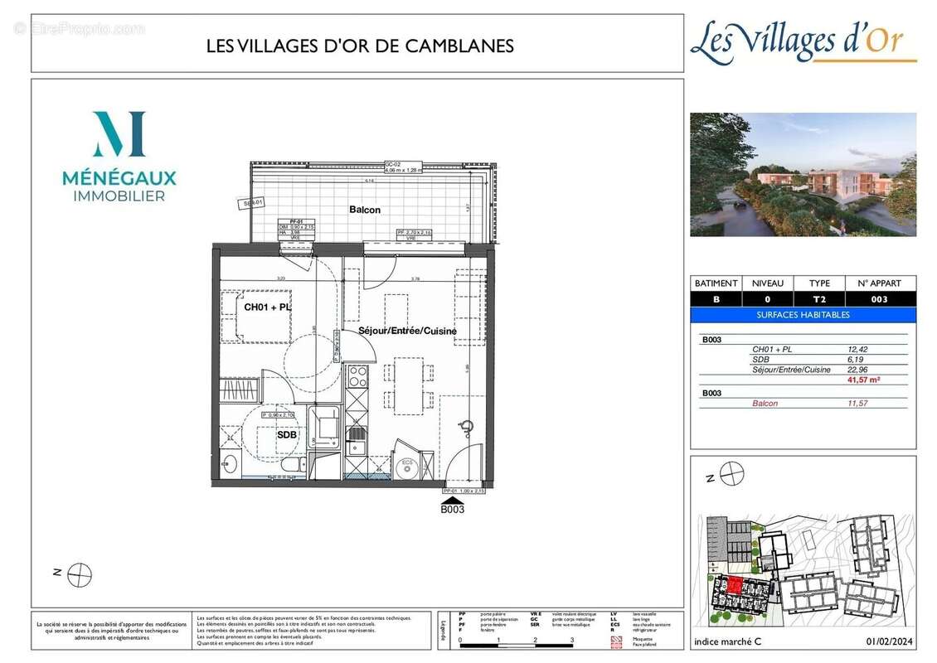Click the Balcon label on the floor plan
[x=364, y=210]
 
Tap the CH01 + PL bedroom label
[x=268, y=307]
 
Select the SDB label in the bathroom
[x=287, y=433]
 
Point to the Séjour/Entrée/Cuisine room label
[x=407, y=331]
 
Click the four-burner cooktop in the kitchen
[x=357, y=377]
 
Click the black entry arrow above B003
[x=452, y=499]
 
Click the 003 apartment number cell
[x=880, y=299]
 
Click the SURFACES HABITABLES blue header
[x=803, y=315]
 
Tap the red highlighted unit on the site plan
[x=733, y=586]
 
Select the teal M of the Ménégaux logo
[x=119, y=134]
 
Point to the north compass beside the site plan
[x=731, y=475]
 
